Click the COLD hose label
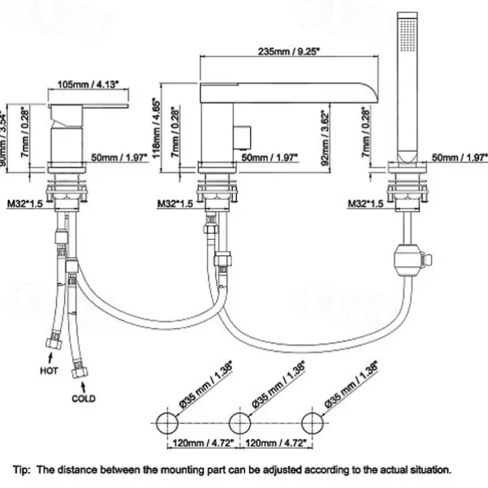[x=83, y=398]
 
